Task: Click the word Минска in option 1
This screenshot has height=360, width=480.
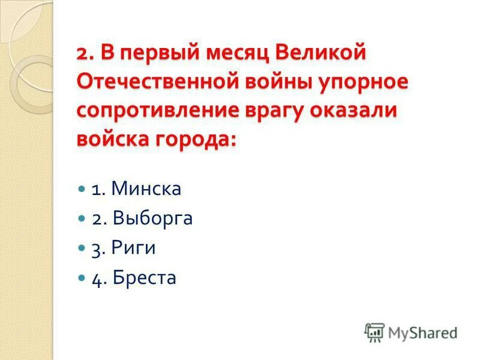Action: pos(146,190)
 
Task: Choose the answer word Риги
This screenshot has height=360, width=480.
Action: pos(137,248)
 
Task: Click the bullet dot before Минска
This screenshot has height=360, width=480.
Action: pos(82,189)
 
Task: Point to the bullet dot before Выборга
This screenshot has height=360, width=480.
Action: pos(82,218)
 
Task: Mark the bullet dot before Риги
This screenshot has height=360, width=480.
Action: pos(82,248)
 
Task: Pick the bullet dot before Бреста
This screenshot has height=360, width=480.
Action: pos(82,278)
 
